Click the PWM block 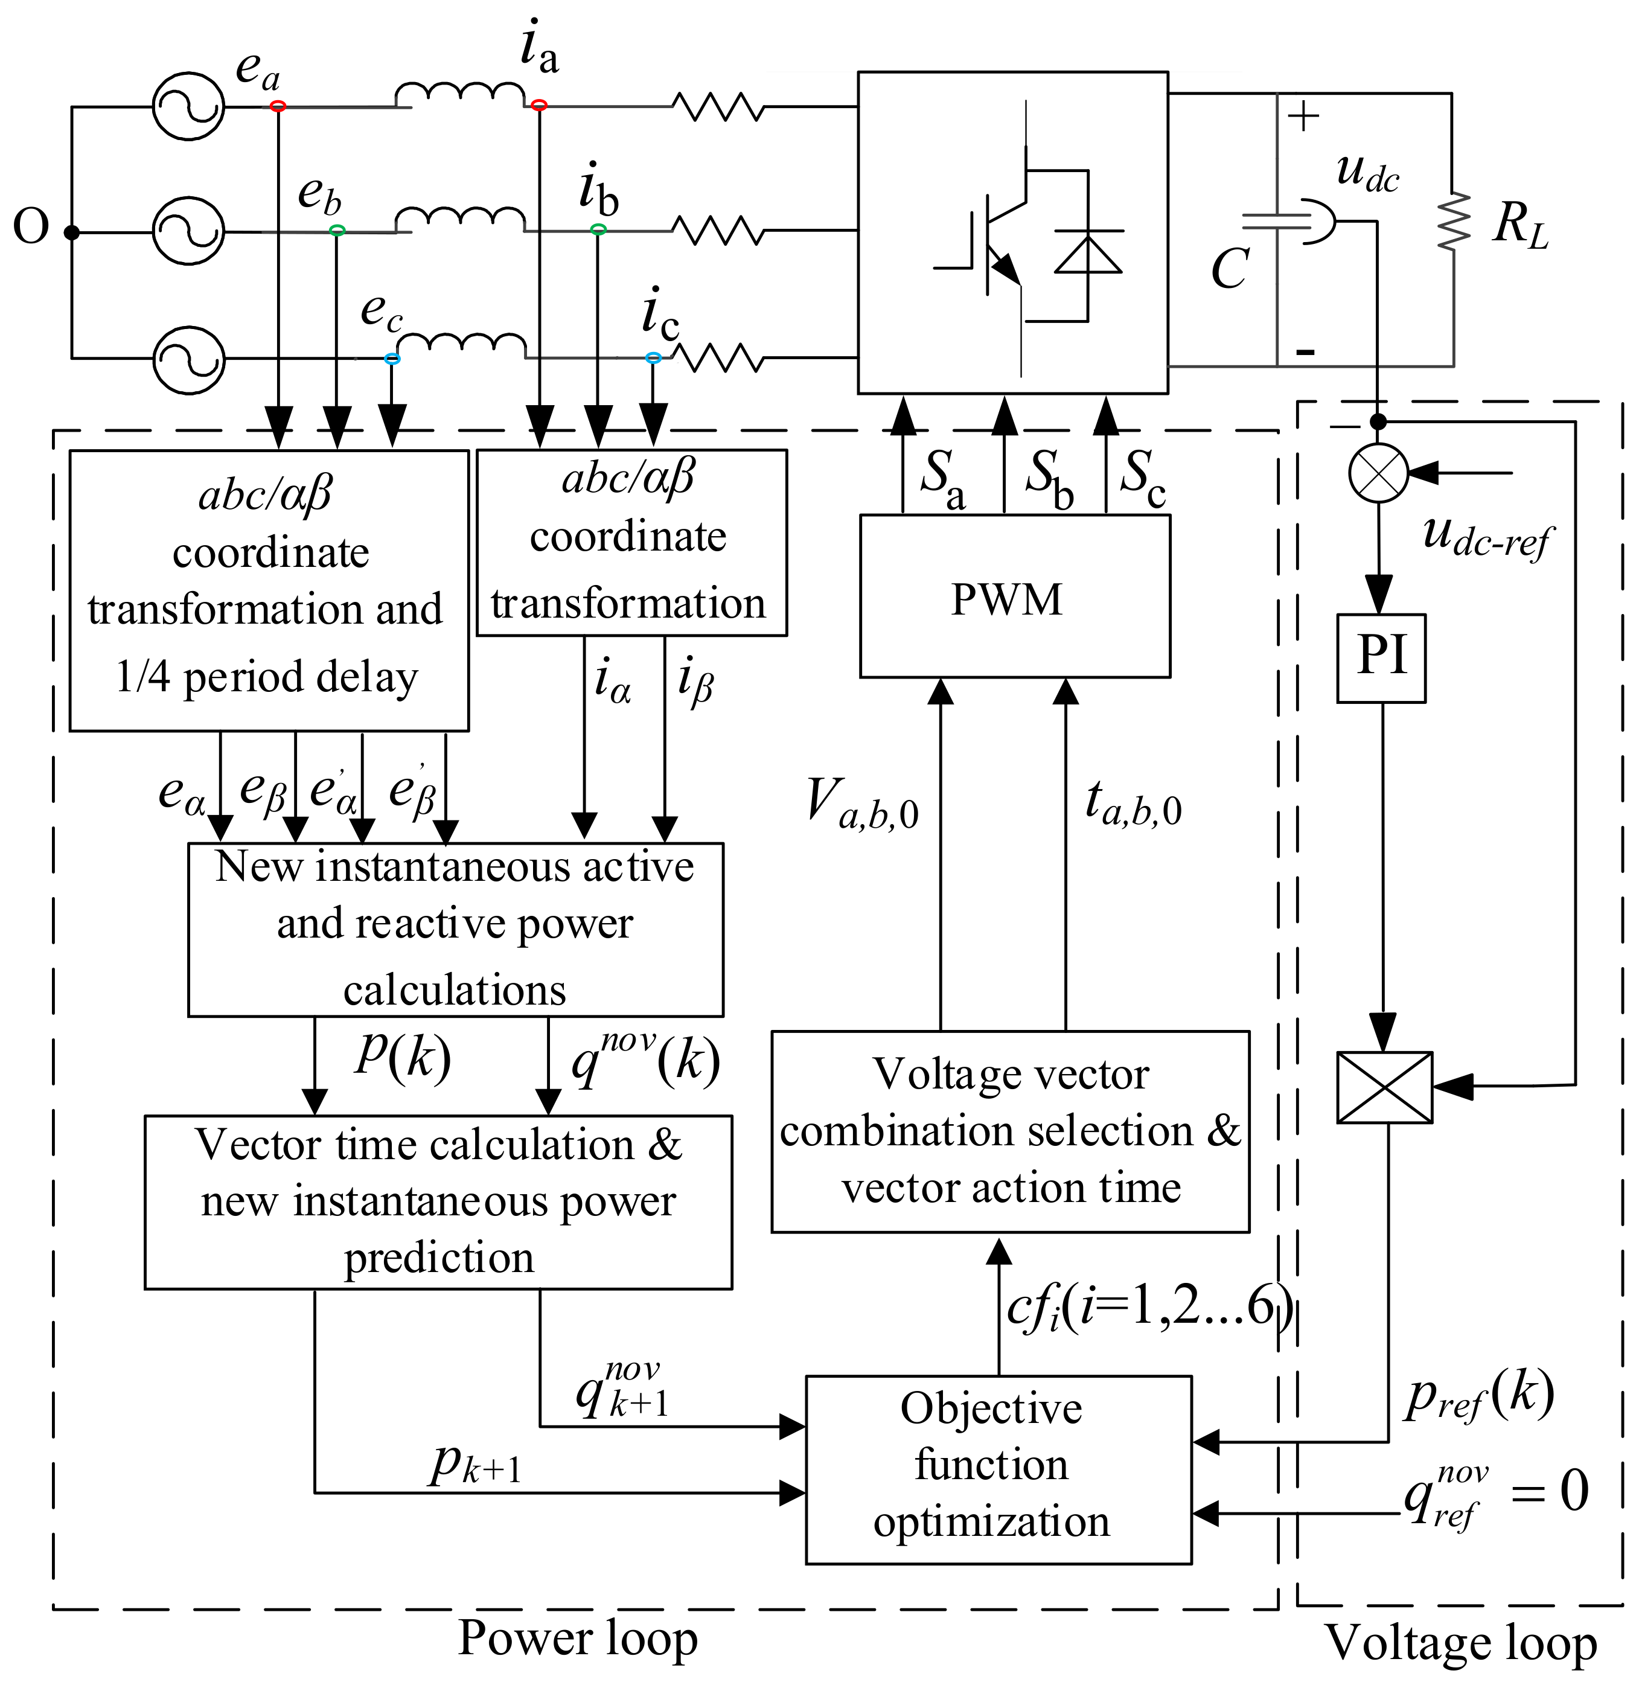[x=1014, y=596]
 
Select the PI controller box [x=1381, y=658]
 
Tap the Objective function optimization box [x=998, y=1469]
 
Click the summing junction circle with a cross [x=1378, y=473]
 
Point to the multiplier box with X [x=1383, y=1087]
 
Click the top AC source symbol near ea [x=188, y=107]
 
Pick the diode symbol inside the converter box [x=1088, y=254]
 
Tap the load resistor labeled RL [x=1454, y=222]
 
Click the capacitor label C [x=1229, y=269]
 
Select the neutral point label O [x=31, y=228]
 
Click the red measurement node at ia [x=539, y=105]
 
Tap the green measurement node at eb [x=337, y=231]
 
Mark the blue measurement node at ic [x=653, y=357]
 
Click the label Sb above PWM [x=1049, y=479]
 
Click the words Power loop [x=578, y=1639]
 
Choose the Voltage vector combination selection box [x=1010, y=1131]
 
